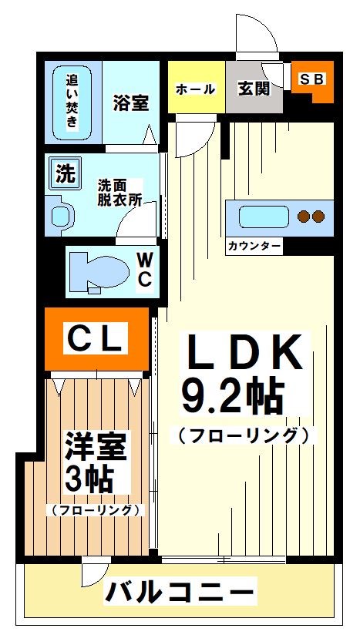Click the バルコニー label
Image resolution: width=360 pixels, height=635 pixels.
coord(180,593)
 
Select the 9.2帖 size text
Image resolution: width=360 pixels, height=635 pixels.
coord(232,396)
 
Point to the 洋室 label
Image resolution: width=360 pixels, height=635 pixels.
coord(95,446)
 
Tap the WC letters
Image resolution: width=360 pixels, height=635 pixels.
coord(145,269)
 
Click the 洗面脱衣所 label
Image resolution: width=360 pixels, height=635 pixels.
coord(119,192)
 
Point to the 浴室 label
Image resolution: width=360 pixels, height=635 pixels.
coord(130,103)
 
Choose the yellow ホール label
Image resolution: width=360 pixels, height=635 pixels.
coord(196,89)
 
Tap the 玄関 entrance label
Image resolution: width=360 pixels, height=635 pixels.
coord(253,89)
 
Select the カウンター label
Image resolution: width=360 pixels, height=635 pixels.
coord(254,247)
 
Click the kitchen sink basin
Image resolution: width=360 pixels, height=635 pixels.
coord(263,217)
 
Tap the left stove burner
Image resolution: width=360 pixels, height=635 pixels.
coord(304,217)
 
